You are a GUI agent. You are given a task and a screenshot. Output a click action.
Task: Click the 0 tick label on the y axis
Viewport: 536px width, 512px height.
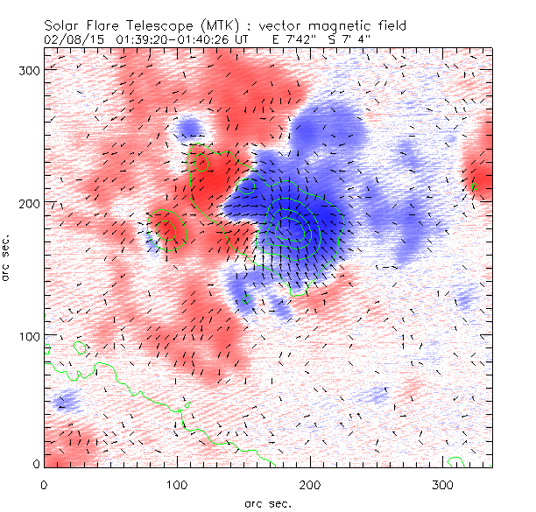coord(36,463)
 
